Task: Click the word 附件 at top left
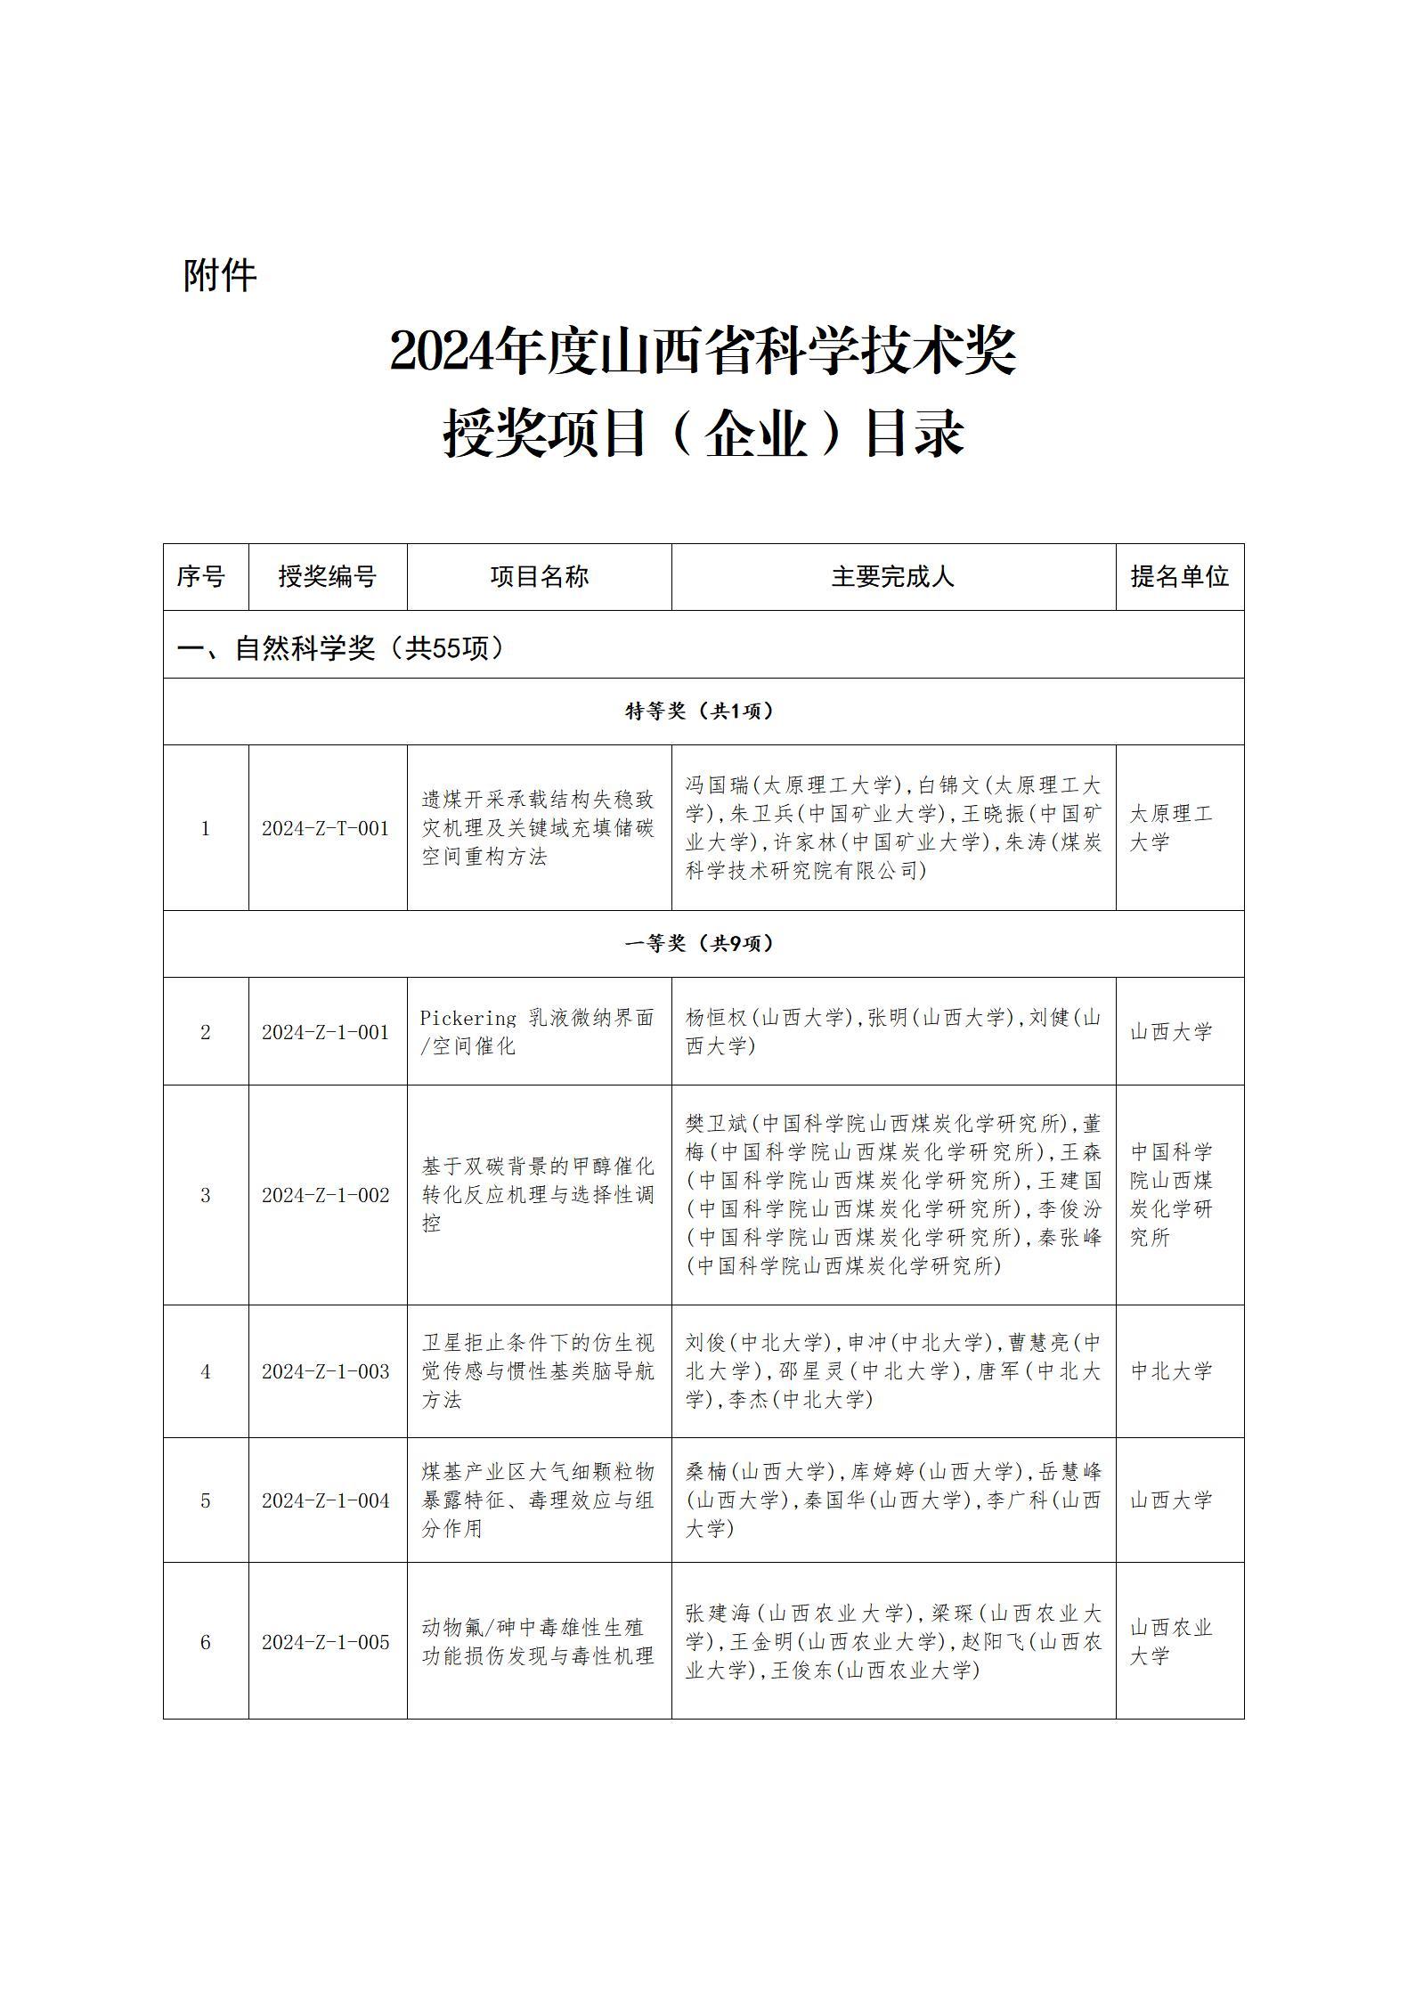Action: pyautogui.click(x=220, y=275)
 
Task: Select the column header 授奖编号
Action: pyautogui.click(x=327, y=577)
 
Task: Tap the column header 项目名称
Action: pyautogui.click(x=539, y=577)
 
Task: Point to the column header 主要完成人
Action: pyautogui.click(x=892, y=577)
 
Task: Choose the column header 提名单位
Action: pyautogui.click(x=1179, y=577)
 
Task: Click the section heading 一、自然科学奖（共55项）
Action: pyautogui.click(x=341, y=648)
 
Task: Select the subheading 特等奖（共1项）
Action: pyautogui.click(x=699, y=711)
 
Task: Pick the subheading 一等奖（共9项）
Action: pyautogui.click(x=699, y=944)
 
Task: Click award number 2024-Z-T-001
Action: pyautogui.click(x=325, y=829)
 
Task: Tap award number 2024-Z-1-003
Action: pyautogui.click(x=325, y=1372)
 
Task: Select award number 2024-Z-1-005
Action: pyautogui.click(x=325, y=1643)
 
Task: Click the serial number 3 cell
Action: pyautogui.click(x=205, y=1196)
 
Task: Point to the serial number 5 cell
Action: pyautogui.click(x=205, y=1501)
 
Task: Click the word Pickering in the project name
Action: pyautogui.click(x=468, y=1019)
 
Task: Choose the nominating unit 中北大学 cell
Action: pyautogui.click(x=1171, y=1372)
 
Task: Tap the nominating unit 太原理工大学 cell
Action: pyautogui.click(x=1171, y=828)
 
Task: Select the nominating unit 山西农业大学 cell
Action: pyautogui.click(x=1171, y=1643)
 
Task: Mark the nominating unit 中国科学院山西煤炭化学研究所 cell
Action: pyautogui.click(x=1171, y=1195)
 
